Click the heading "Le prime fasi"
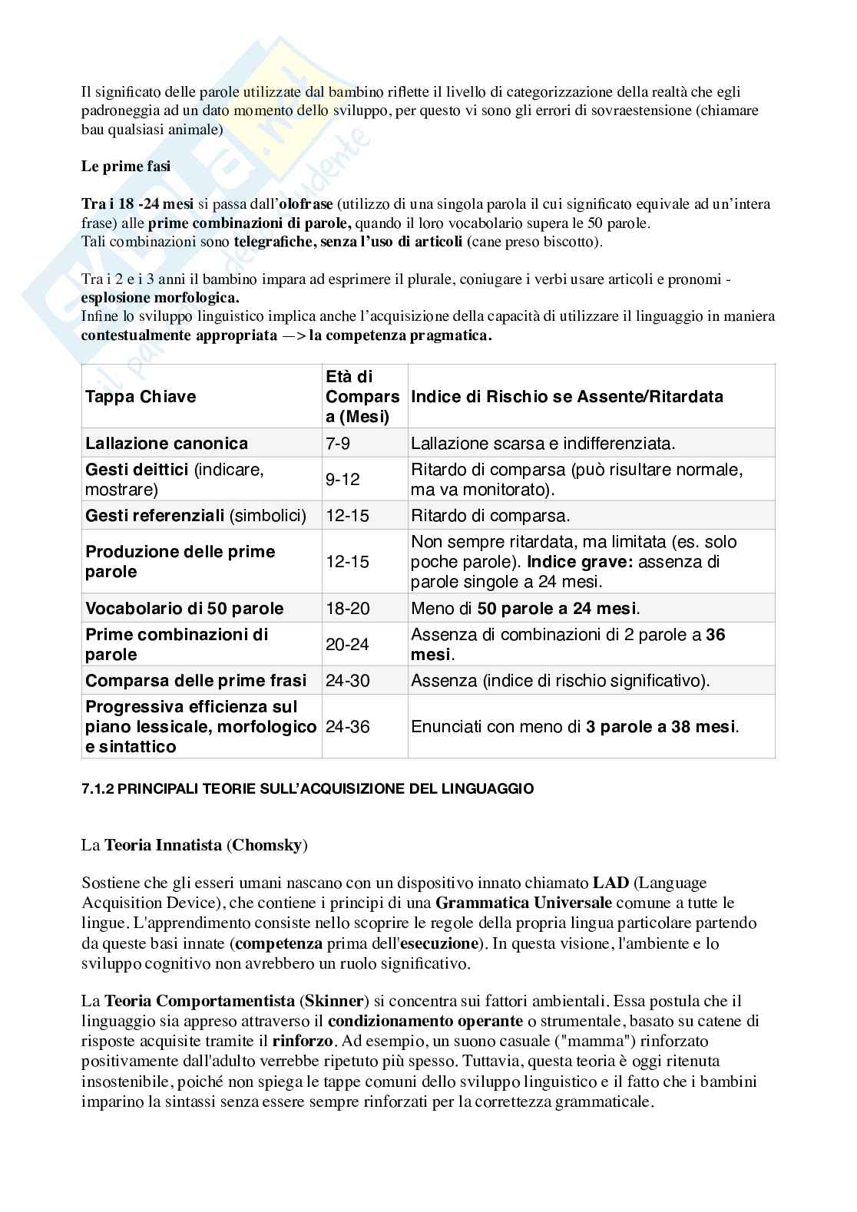click(126, 167)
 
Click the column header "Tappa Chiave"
click(141, 397)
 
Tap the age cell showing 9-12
click(342, 480)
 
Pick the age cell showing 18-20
click(347, 609)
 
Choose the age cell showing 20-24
click(347, 645)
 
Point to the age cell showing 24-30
click(347, 681)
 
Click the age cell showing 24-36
click(347, 727)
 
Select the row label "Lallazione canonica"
click(167, 444)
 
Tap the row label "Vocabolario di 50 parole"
click(184, 609)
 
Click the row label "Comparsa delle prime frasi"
click(196, 681)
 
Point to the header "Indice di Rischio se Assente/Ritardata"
click(567, 397)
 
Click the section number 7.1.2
click(98, 789)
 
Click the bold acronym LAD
click(610, 883)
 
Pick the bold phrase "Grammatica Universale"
click(524, 903)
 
